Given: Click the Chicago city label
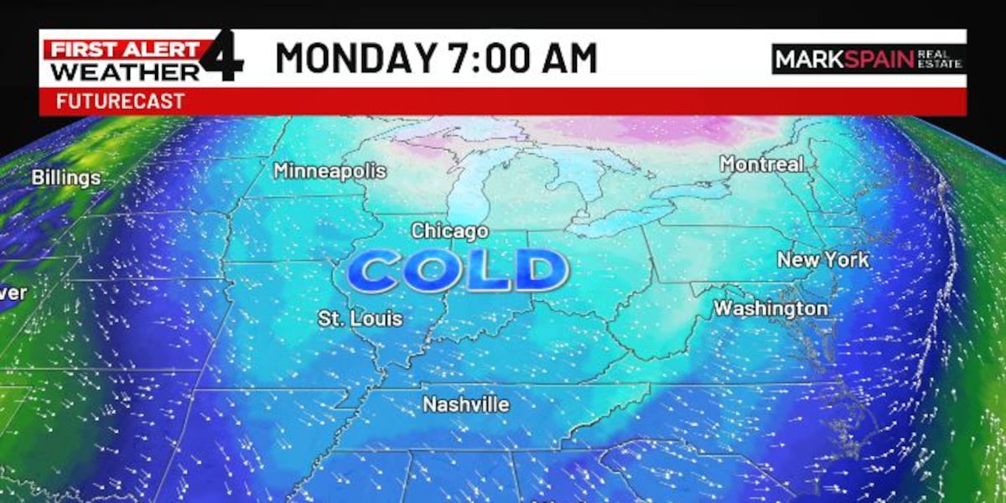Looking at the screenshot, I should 449,231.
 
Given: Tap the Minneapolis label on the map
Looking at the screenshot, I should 329,171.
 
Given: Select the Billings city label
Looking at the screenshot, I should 66,178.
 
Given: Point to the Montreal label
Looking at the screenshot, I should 762,164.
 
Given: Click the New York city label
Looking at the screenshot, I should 822,260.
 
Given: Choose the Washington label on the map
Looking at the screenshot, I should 770,309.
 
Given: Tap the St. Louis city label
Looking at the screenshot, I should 360,319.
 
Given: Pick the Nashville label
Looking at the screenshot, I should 465,404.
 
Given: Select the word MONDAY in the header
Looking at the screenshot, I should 355,59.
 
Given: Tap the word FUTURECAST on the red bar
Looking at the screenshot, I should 120,102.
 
